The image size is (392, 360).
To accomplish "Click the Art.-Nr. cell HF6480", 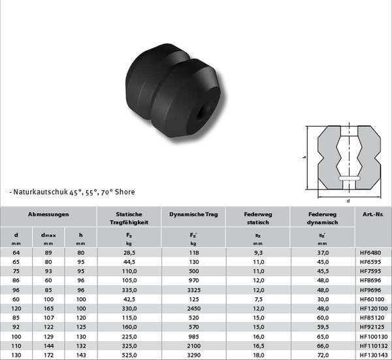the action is [370, 253].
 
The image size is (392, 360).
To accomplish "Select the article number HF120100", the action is [374, 308].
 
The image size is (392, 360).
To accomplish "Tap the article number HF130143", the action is [374, 355].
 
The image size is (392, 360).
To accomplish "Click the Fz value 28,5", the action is [129, 253].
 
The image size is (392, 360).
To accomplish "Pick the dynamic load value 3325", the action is [194, 290].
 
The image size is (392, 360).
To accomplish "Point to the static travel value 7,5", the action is [259, 299].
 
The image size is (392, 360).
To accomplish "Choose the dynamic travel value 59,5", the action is [323, 327].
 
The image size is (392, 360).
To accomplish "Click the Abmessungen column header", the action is [48, 214].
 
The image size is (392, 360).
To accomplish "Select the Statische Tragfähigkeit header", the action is [129, 218].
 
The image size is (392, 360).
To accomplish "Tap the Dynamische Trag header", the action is [193, 214].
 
